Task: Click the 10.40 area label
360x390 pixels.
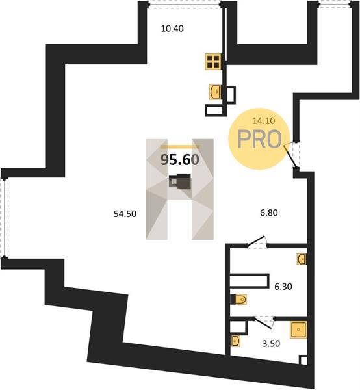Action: [x=172, y=29]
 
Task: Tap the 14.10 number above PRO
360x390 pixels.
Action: [x=264, y=121]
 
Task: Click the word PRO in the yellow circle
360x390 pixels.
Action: [x=259, y=139]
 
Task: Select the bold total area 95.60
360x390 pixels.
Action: [x=180, y=160]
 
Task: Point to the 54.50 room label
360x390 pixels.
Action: [x=125, y=214]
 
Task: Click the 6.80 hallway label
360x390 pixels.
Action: [x=269, y=213]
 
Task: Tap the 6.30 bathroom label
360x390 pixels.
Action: [x=283, y=287]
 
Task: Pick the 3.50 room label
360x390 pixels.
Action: [x=271, y=344]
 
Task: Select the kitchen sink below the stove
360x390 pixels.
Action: [x=215, y=92]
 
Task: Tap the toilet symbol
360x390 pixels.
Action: [x=239, y=300]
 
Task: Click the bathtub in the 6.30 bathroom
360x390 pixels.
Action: [x=250, y=281]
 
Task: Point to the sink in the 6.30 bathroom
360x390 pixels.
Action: [x=302, y=259]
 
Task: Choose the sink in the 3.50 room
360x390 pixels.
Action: [x=235, y=341]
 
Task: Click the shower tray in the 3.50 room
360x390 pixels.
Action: [x=298, y=330]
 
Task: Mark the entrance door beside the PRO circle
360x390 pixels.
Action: [x=292, y=155]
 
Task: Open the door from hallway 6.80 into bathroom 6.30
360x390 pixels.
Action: [x=257, y=242]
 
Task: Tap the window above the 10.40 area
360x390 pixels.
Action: [x=185, y=5]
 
